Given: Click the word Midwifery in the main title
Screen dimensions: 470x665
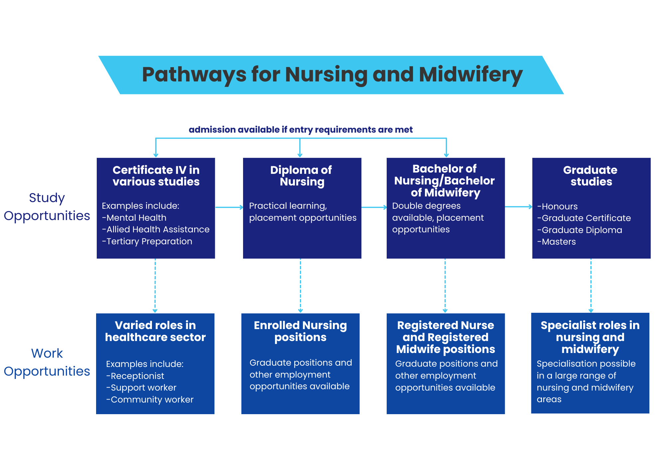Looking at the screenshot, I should point(470,74).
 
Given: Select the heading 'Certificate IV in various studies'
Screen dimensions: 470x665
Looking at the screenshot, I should point(156,176).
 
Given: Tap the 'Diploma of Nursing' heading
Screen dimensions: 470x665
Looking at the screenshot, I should point(302,176).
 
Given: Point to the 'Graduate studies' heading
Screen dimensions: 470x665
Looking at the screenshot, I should point(591,176).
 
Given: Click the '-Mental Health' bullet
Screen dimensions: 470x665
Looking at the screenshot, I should point(134,218).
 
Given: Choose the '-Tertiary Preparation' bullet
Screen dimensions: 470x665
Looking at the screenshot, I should point(147,241).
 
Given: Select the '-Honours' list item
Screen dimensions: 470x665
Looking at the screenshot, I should point(558,206).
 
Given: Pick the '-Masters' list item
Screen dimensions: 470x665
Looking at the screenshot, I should point(557,242).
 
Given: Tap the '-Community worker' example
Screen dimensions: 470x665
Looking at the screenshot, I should point(150,400).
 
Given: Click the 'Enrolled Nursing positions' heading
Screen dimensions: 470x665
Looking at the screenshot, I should point(300,331).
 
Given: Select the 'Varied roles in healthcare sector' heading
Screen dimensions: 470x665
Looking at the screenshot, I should point(155,331).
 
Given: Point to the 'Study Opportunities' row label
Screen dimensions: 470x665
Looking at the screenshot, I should point(47,207).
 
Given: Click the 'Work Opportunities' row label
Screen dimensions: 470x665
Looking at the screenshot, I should point(47,362).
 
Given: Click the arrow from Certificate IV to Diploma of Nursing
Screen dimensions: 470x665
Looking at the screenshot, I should point(229,207).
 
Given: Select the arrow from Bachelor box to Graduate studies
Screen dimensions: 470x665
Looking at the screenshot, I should point(518,207).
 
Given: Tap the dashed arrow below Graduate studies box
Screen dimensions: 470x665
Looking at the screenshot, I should point(591,286).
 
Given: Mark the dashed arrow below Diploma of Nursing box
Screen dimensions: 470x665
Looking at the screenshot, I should point(300,286).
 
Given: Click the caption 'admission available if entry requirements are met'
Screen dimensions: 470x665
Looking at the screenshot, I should point(301,130).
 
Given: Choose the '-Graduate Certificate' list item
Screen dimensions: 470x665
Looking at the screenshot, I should point(584,218).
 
